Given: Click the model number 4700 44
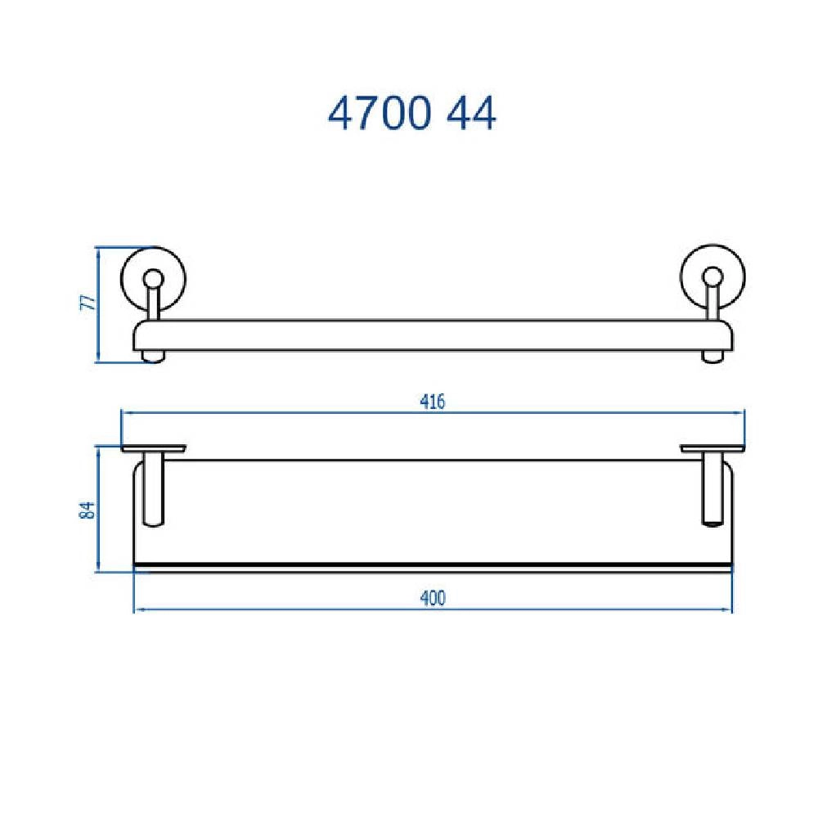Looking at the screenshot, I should pos(412,115).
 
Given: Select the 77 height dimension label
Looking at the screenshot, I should pos(92,302).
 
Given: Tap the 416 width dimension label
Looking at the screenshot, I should pos(433,402).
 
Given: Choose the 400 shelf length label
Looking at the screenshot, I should pos(433,598).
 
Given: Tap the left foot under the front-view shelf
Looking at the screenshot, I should pos(151,356).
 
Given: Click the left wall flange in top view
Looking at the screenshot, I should pos(153,448).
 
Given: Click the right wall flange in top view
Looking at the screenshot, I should pos(712,448).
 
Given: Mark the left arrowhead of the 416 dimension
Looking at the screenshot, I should pos(125,414).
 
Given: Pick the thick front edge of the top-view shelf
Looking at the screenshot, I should pos(433,565).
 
